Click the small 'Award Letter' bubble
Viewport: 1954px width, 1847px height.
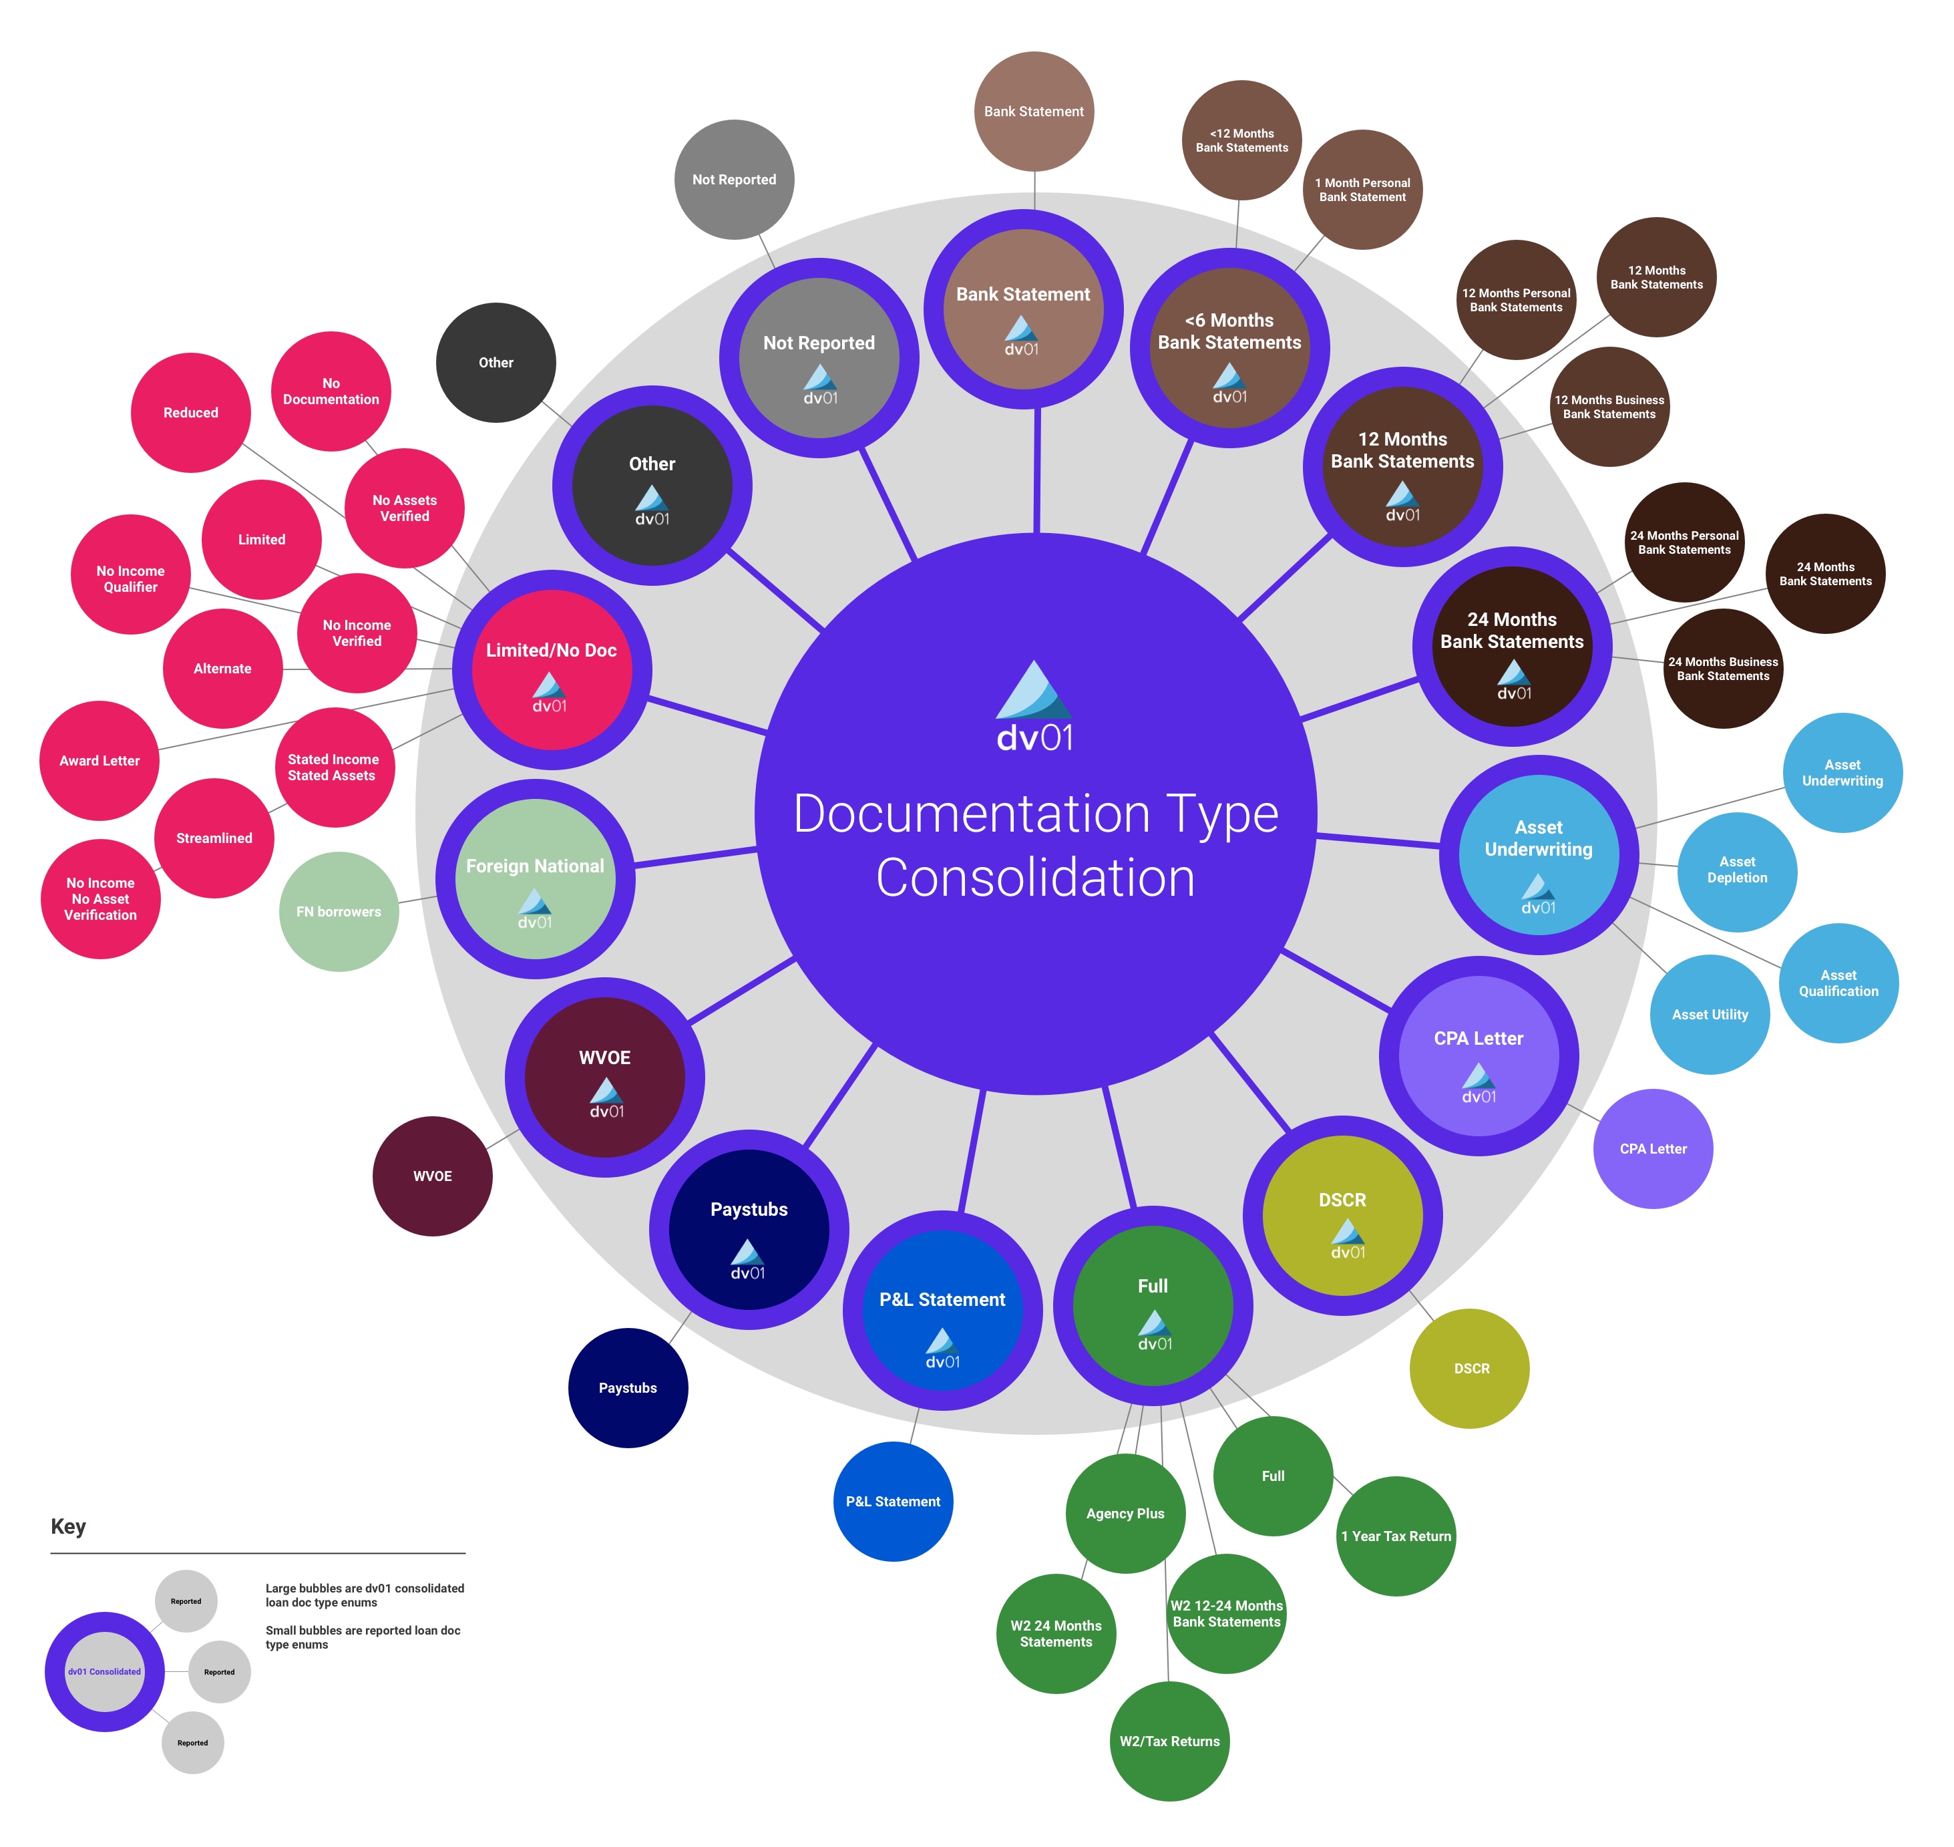[x=100, y=761]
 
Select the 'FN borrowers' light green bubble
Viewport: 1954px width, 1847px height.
[x=339, y=912]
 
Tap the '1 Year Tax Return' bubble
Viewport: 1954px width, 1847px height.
[x=1396, y=1536]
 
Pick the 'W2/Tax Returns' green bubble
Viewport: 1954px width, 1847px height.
[x=1169, y=1741]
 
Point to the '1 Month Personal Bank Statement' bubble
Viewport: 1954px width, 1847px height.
[x=1362, y=190]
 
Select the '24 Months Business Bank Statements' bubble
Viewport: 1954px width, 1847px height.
[x=1723, y=669]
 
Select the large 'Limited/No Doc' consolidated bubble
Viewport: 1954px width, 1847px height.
[x=551, y=669]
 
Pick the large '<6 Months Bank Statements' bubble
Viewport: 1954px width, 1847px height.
[x=1229, y=347]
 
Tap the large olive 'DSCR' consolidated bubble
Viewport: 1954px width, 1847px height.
[x=1343, y=1215]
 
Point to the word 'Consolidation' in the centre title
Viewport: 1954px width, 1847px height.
[x=1036, y=878]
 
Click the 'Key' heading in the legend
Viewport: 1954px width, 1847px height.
[x=68, y=1526]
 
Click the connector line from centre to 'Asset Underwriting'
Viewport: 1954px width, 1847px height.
[x=1378, y=841]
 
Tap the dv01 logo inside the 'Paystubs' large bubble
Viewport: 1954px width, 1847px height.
[x=747, y=1259]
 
